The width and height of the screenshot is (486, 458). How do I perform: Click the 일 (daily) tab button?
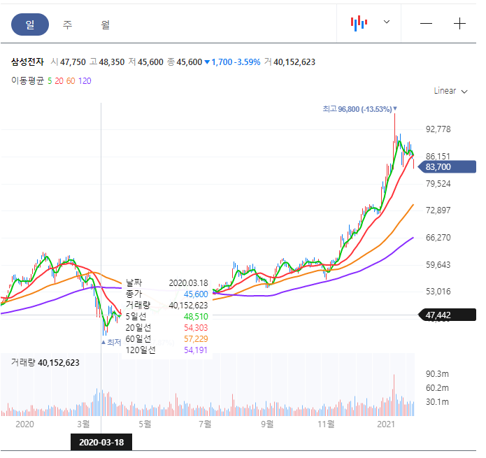29,24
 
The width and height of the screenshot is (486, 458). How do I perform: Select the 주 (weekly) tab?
67,24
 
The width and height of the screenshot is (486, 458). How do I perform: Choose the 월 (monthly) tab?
105,24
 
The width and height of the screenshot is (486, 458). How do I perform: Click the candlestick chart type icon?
359,23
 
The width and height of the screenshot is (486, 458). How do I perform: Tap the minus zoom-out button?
426,23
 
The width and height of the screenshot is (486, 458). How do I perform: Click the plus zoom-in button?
459,23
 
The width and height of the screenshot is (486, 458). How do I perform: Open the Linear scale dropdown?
450,91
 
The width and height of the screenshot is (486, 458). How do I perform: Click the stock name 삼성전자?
27,62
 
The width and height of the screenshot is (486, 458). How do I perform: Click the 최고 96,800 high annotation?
357,109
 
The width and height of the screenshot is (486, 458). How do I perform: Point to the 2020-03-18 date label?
101,442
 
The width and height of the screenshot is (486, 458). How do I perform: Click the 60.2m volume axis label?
438,388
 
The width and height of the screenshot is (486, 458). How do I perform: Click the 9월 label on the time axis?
266,424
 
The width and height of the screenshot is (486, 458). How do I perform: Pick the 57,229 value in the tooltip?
195,338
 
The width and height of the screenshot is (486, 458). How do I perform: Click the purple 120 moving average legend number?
85,80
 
